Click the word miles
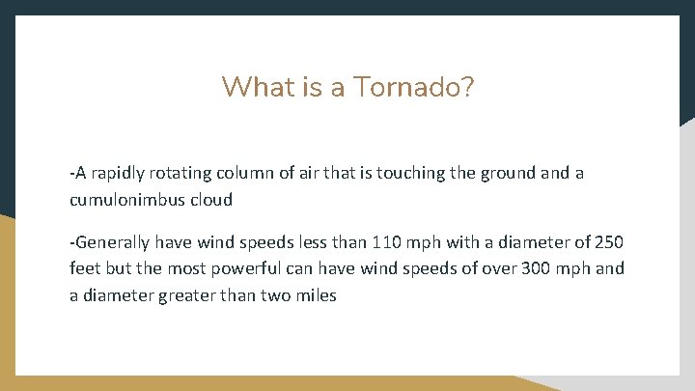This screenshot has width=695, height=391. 315,295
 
